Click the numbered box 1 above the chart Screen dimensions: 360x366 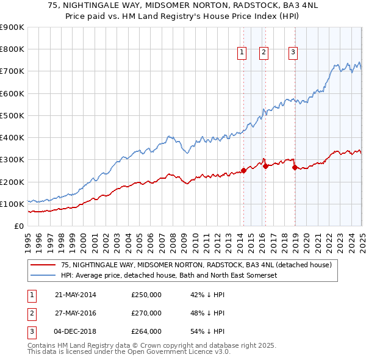tap(242, 52)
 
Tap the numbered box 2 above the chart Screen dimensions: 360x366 tap(264, 52)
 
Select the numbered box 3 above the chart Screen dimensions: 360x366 tap(293, 52)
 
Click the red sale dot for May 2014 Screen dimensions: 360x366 tap(243, 171)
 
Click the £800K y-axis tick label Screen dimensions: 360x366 tap(13, 49)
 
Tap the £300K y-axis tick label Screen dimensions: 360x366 tap(13, 160)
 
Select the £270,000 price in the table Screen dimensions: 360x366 tap(146, 313)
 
